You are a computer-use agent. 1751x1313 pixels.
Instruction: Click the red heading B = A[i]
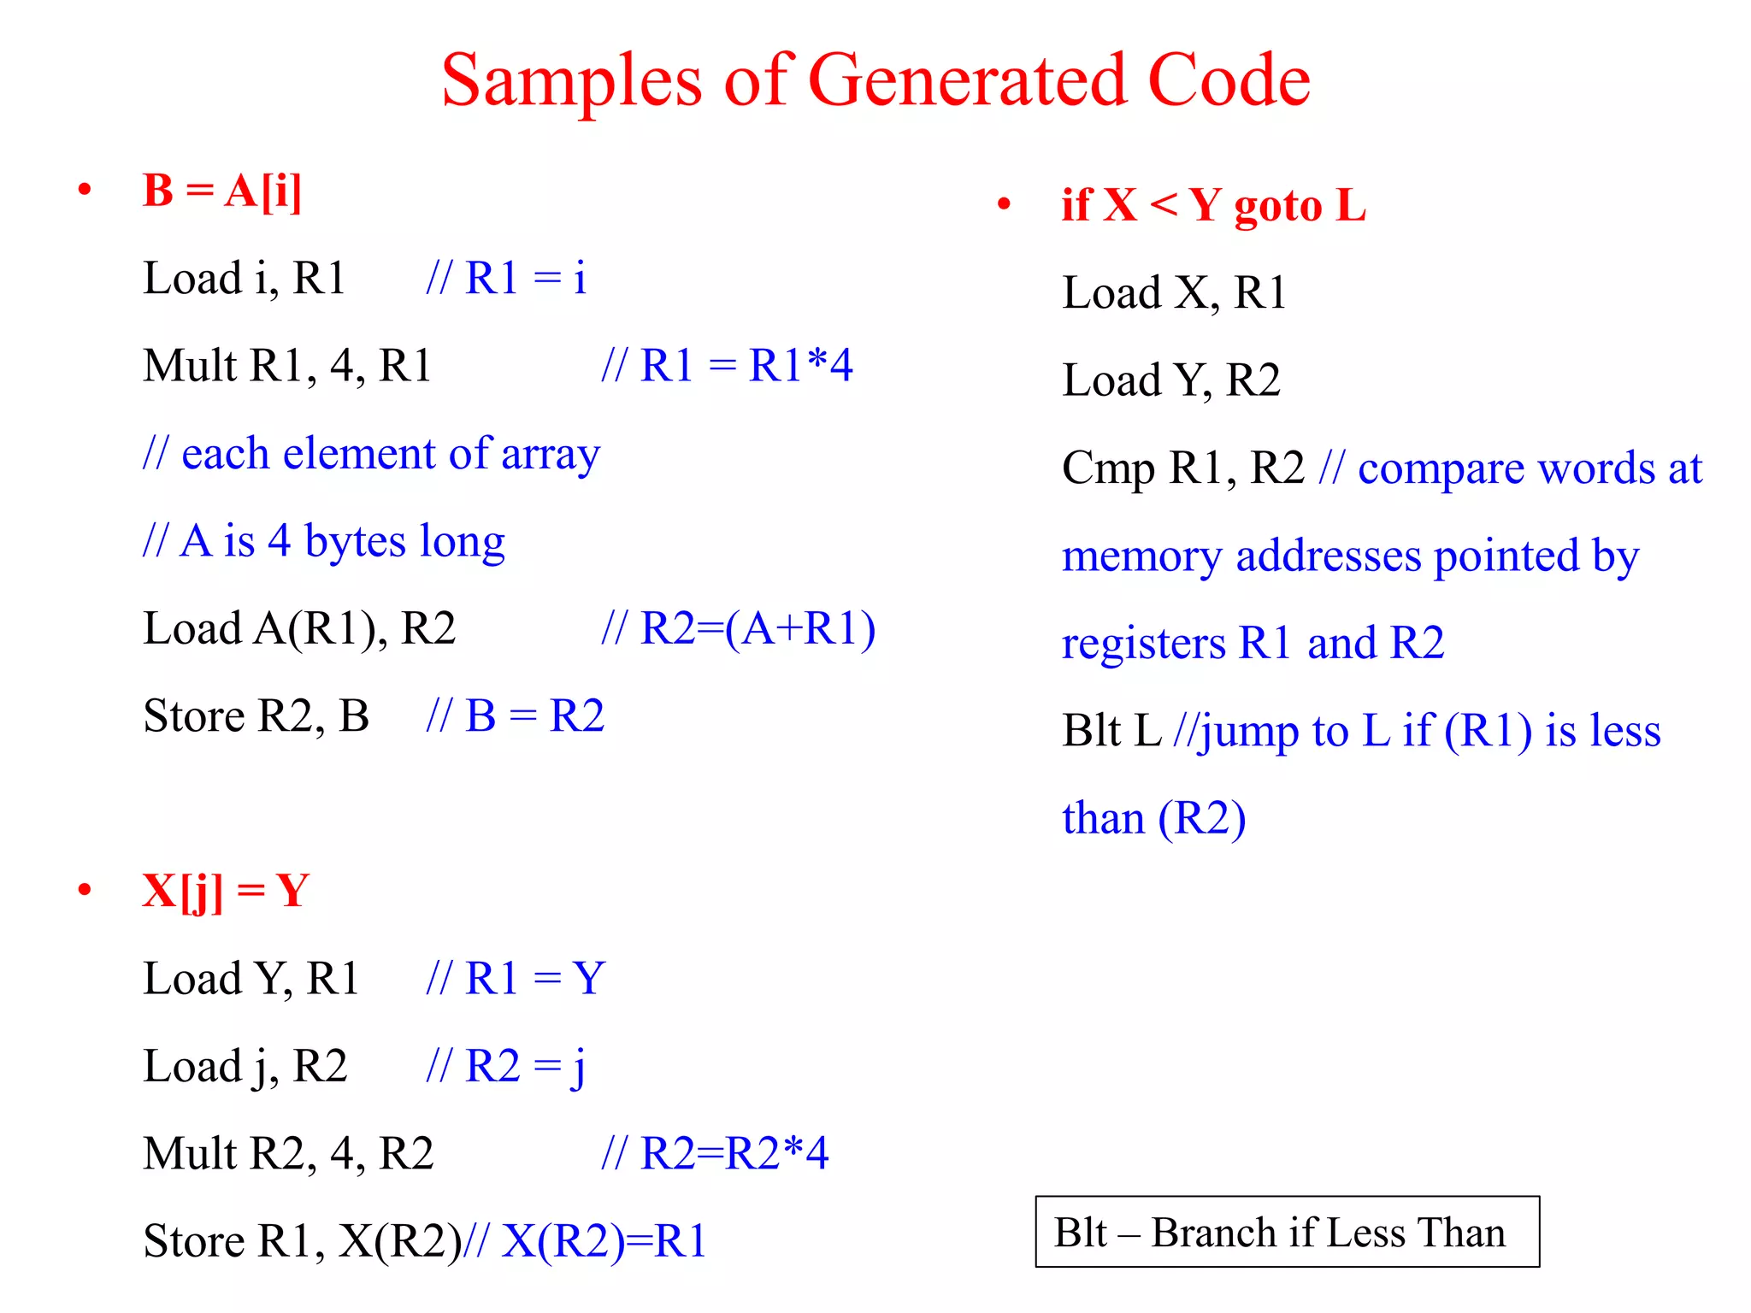222,191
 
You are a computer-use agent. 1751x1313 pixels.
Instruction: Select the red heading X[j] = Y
226,892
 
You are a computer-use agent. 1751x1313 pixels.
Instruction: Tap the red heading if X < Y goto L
1213,206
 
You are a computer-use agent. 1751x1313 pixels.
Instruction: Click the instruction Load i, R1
244,279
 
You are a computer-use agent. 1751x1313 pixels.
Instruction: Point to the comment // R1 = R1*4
727,366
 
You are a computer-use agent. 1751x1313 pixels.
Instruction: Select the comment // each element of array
372,454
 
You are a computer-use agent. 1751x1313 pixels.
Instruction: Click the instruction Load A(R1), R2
299,629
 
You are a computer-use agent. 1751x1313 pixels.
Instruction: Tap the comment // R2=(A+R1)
739,629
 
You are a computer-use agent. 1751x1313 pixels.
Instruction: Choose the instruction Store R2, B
256,716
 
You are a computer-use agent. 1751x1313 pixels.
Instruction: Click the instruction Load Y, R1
251,979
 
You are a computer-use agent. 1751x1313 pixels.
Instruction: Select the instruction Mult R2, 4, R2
288,1154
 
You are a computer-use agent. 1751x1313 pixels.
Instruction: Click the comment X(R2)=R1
604,1242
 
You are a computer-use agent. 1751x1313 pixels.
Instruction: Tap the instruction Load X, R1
1174,293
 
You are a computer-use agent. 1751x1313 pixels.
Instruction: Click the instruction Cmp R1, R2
1182,468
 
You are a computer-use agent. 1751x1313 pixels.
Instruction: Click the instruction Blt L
1111,732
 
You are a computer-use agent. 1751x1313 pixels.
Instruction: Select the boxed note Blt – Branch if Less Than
1287,1232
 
